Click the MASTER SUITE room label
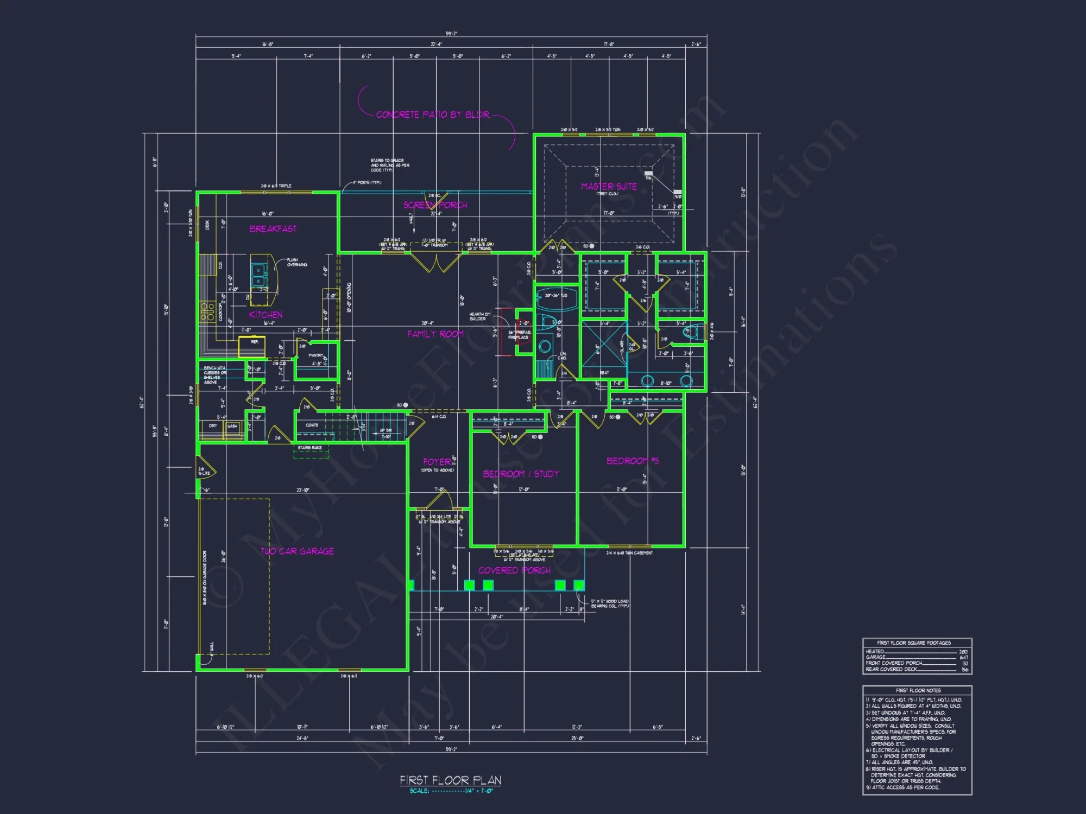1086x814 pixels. [x=609, y=186]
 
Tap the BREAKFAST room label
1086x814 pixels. [x=273, y=229]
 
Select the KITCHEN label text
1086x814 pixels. [x=266, y=315]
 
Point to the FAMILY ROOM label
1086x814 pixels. [x=435, y=334]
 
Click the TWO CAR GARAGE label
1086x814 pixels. [x=297, y=551]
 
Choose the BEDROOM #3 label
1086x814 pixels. [x=632, y=461]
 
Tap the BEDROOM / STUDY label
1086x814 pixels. [x=521, y=474]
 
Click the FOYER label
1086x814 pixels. [x=437, y=462]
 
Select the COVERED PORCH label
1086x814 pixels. [x=514, y=570]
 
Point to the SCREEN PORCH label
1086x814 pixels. [x=435, y=205]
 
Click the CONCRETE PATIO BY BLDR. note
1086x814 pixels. [x=433, y=115]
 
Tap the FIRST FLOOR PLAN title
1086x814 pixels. [x=450, y=780]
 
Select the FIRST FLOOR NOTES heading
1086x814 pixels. [x=918, y=691]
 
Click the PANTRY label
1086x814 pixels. [x=315, y=355]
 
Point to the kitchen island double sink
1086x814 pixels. [x=259, y=275]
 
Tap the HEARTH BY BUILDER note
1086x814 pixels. [x=479, y=316]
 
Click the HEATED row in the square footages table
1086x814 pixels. [x=916, y=652]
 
